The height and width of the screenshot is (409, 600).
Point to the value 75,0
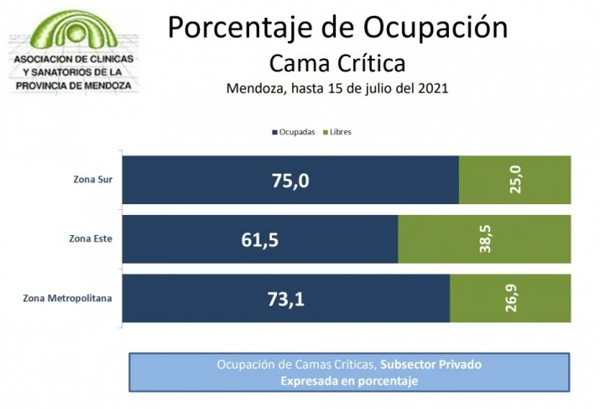pyautogui.click(x=277, y=180)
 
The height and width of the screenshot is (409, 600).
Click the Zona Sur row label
pyautogui.click(x=93, y=180)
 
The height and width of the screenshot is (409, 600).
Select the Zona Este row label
pyautogui.click(x=91, y=239)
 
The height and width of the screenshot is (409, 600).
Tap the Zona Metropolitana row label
pyautogui.click(x=68, y=298)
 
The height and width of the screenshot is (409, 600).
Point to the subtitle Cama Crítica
pyautogui.click(x=337, y=63)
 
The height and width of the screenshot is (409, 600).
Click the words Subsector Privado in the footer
pyautogui.click(x=430, y=364)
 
